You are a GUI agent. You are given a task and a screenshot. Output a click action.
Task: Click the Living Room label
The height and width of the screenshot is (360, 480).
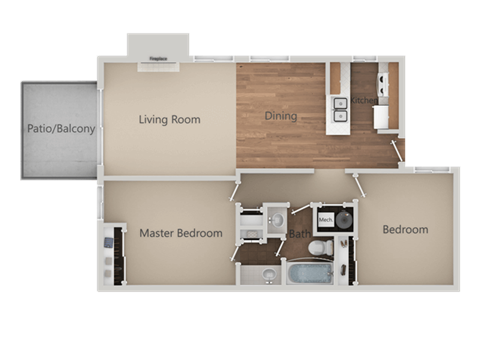[169, 120]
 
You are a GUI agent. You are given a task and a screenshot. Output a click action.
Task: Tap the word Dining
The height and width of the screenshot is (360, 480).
[281, 116]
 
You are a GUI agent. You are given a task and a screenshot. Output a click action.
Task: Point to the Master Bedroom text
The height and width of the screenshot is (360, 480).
[181, 234]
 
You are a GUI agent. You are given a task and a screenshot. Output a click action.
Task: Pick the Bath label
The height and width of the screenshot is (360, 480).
[299, 234]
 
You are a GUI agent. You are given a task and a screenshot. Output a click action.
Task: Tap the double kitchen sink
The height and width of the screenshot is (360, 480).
[342, 108]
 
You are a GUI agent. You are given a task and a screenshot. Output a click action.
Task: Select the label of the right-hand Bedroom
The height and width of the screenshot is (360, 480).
[405, 230]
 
